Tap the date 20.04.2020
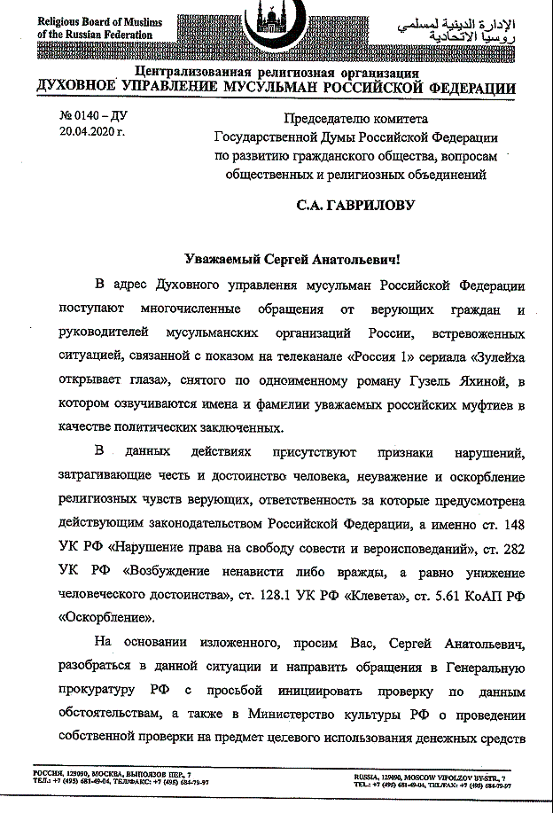(92, 133)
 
